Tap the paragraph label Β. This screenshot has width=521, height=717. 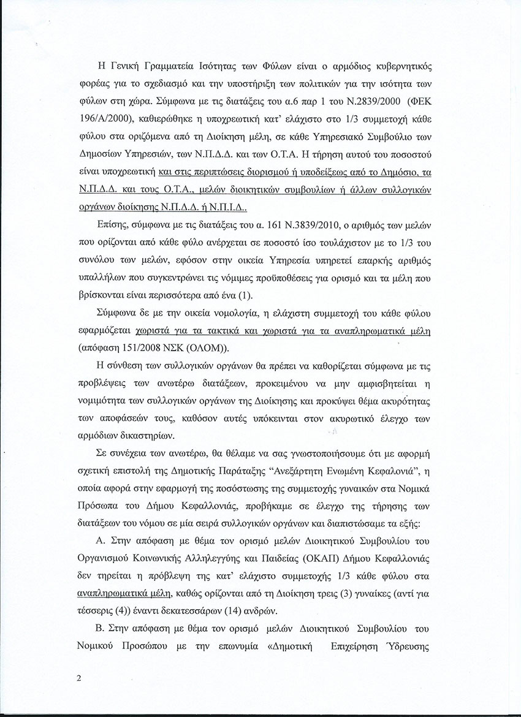point(101,629)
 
